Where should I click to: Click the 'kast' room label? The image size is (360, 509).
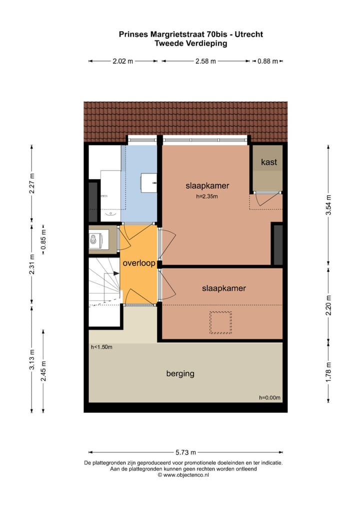coord(269,162)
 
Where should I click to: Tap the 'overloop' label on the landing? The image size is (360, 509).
coord(139,263)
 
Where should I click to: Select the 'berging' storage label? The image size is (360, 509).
coord(180,373)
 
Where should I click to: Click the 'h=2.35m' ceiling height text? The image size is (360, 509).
coord(207,196)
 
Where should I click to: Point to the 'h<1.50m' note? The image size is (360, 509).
coord(101,347)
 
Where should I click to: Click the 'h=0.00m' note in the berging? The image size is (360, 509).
coord(269,397)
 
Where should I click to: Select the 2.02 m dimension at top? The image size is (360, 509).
coord(123,61)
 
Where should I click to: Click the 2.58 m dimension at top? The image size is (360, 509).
coord(205,61)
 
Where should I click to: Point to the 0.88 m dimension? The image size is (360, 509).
coord(267,61)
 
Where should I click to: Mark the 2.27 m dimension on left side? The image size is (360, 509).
coord(32,183)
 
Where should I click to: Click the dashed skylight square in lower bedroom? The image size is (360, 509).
coord(220,322)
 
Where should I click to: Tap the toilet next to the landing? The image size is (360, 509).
coord(96,240)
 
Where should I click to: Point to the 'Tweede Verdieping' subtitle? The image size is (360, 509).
coord(191,43)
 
